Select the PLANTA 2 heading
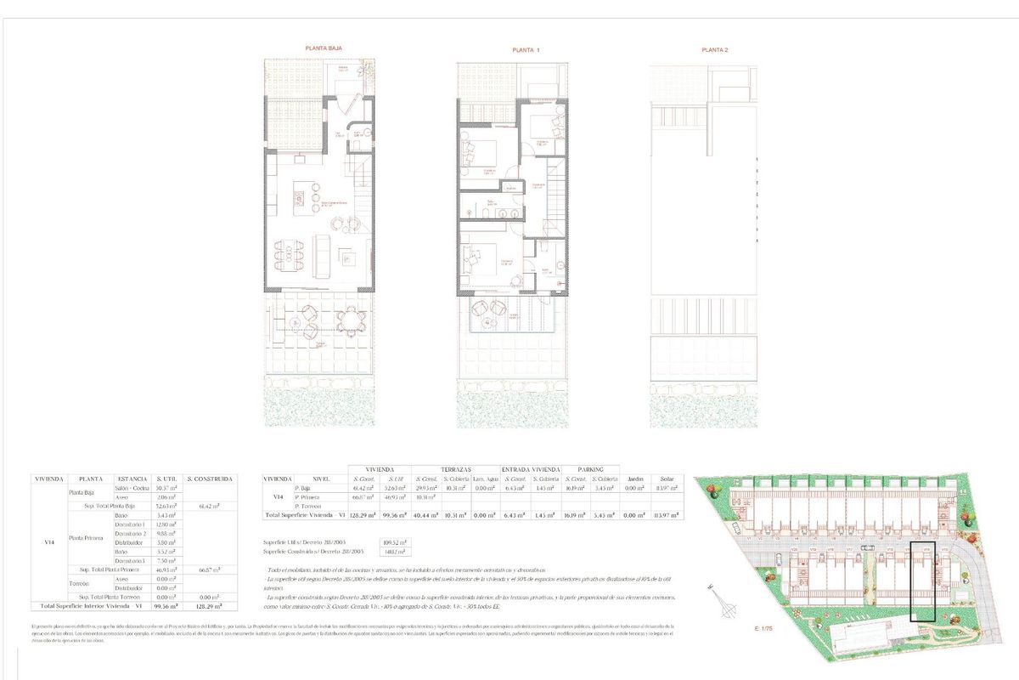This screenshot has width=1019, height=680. coord(714,50)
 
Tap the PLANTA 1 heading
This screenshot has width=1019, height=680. coord(526,50)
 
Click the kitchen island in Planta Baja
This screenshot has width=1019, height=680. coord(301,199)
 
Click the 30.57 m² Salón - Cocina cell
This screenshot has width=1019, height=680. coord(166,487)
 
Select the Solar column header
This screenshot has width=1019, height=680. coord(667,479)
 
